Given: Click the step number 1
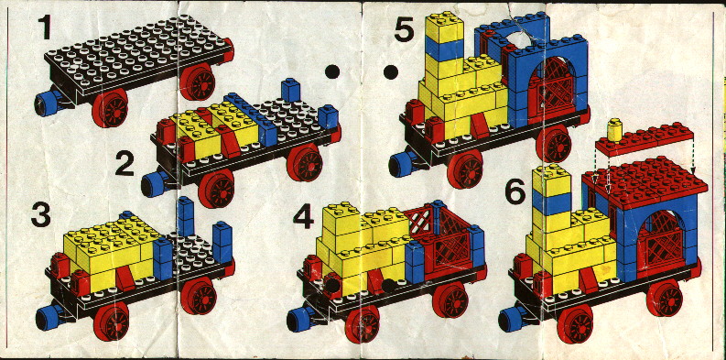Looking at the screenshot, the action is (x=45, y=27).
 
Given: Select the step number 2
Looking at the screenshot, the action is (x=125, y=164).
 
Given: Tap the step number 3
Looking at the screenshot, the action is (x=41, y=215).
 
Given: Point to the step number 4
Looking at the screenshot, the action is (x=303, y=216).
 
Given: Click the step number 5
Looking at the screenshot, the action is (x=405, y=30).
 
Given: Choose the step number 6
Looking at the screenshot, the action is (x=515, y=192).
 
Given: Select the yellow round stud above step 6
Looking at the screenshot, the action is (x=615, y=129).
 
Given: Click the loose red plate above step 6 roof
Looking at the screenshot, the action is (x=644, y=139).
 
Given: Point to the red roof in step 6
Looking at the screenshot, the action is (x=645, y=181).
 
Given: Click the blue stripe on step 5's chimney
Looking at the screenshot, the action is (x=444, y=49).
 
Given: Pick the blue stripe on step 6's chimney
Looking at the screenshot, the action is (x=551, y=203).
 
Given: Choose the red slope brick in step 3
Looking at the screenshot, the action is (x=125, y=278).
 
